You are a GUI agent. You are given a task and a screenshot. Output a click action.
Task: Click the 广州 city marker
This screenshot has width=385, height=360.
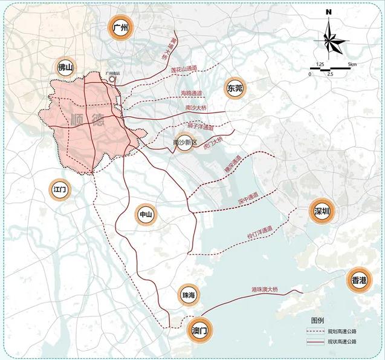[119, 27]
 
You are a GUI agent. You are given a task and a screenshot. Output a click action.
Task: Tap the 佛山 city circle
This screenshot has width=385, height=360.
[65, 68]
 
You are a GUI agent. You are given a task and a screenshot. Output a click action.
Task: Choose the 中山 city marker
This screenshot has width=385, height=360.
[146, 215]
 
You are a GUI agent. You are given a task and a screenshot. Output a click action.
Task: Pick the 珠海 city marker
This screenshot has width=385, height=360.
[189, 295]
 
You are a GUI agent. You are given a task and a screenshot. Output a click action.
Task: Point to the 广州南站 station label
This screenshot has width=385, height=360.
[113, 73]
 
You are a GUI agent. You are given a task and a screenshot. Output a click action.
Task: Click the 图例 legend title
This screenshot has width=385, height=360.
[318, 319]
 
